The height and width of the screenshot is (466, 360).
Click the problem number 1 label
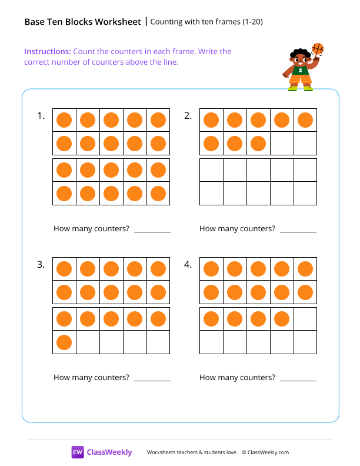click(x=41, y=116)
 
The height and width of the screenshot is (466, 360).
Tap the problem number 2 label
click(x=188, y=116)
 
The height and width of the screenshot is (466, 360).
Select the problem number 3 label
click(x=41, y=265)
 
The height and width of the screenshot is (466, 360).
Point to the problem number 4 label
click(x=188, y=265)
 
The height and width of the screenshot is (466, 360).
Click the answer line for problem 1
click(x=152, y=231)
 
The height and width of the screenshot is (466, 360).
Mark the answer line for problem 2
click(x=298, y=231)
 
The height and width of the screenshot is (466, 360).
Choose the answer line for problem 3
click(x=152, y=380)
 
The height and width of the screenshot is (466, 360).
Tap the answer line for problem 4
click(x=298, y=380)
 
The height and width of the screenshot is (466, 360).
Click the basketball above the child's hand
click(x=318, y=48)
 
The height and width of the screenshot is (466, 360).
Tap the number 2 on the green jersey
click(x=301, y=69)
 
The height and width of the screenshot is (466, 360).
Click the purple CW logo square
click(x=78, y=452)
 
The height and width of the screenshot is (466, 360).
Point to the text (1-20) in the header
click(x=251, y=22)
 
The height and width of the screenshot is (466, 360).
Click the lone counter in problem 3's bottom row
click(x=64, y=342)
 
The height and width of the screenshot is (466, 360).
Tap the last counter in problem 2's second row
click(x=258, y=143)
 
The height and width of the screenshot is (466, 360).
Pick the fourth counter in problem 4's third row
click(x=282, y=319)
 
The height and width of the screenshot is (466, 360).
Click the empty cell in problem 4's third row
click(x=305, y=319)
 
